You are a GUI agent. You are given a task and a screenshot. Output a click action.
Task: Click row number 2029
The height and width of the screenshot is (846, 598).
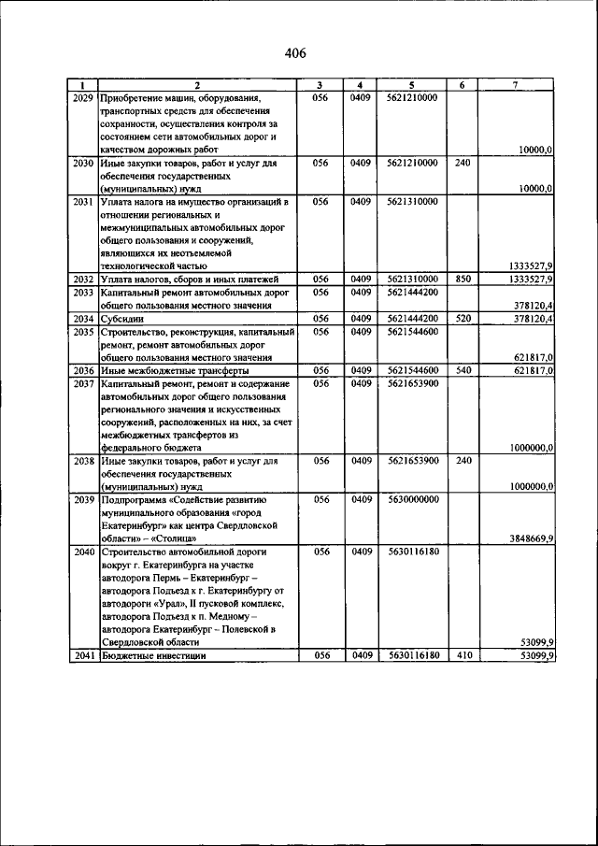point(82,97)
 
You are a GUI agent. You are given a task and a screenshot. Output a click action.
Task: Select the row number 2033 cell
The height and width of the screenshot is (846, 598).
point(82,292)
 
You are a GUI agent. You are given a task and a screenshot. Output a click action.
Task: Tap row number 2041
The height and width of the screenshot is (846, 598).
point(82,655)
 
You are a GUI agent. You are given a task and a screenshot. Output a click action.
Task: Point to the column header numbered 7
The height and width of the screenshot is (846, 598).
point(517,85)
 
